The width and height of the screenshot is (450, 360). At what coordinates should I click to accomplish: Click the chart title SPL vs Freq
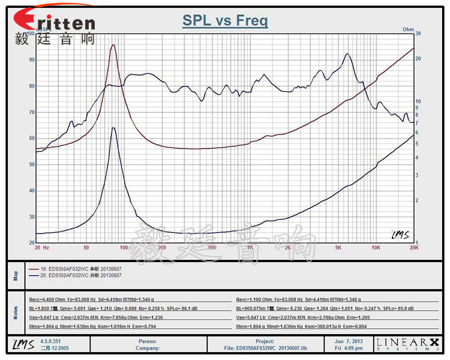coord(225,22)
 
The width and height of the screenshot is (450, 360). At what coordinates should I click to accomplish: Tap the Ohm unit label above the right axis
coord(408,29)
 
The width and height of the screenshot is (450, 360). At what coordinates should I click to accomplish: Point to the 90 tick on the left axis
coord(31,60)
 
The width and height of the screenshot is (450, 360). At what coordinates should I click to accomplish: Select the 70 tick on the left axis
coord(31,112)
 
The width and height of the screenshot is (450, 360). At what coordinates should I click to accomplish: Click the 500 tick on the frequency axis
coord(211,247)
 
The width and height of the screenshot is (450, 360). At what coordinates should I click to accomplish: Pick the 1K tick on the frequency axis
coord(250,247)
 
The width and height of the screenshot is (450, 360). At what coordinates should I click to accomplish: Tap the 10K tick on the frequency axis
coord(376,247)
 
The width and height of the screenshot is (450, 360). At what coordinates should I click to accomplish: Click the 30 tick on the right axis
coord(418,34)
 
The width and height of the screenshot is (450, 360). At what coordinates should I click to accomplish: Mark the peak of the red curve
coord(113,45)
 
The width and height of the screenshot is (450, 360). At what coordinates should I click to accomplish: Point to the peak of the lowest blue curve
coord(113,128)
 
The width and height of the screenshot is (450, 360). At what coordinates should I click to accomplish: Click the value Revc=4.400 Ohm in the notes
coord(48,299)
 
